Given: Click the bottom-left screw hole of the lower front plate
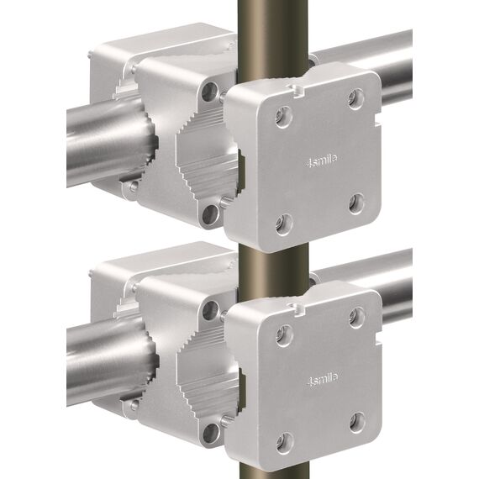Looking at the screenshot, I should (x=284, y=440).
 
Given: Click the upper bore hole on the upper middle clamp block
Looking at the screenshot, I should (x=208, y=90).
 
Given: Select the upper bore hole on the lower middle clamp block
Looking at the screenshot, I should (x=209, y=309).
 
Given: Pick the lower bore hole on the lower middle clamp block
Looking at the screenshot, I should (x=208, y=432).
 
